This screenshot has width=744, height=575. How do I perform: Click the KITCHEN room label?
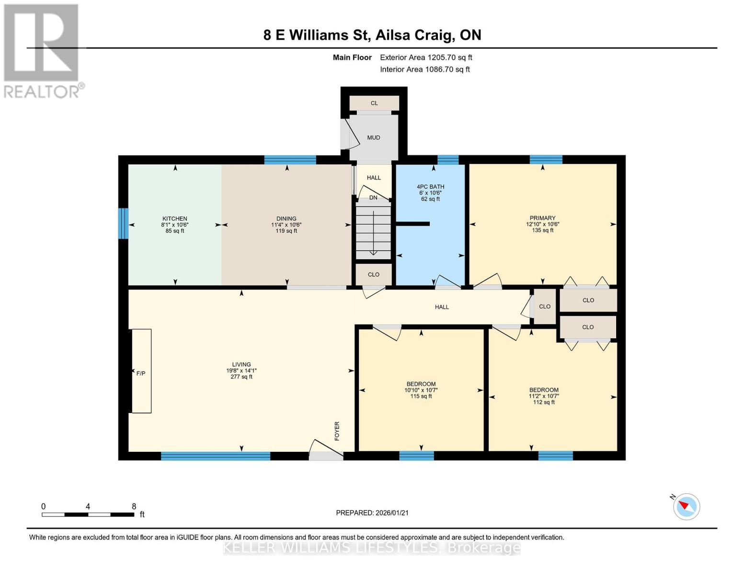(x=174, y=218)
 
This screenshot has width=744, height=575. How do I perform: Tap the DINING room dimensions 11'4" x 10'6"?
(x=286, y=225)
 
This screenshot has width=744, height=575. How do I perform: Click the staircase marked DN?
(x=373, y=230)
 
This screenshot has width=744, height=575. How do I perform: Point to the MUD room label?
(x=374, y=138)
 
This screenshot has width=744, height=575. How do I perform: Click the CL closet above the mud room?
(x=374, y=103)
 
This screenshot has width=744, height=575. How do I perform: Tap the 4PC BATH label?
(x=430, y=187)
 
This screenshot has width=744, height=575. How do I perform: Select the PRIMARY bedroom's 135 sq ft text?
(x=542, y=230)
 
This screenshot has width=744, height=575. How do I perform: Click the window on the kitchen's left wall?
(x=124, y=223)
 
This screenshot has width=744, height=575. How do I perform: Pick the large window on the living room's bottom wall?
(x=215, y=456)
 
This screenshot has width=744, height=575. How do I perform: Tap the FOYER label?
(x=337, y=431)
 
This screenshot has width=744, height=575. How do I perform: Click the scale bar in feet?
(x=88, y=515)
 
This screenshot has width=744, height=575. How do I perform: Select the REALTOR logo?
(x=42, y=50)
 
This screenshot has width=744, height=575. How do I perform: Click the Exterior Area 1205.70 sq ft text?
(x=426, y=57)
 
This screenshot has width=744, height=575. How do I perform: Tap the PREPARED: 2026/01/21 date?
(x=372, y=513)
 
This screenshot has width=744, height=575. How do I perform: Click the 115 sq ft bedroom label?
(x=421, y=396)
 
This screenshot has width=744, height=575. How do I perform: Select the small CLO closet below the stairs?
(x=374, y=275)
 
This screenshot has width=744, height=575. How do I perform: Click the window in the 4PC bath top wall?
(x=448, y=160)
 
